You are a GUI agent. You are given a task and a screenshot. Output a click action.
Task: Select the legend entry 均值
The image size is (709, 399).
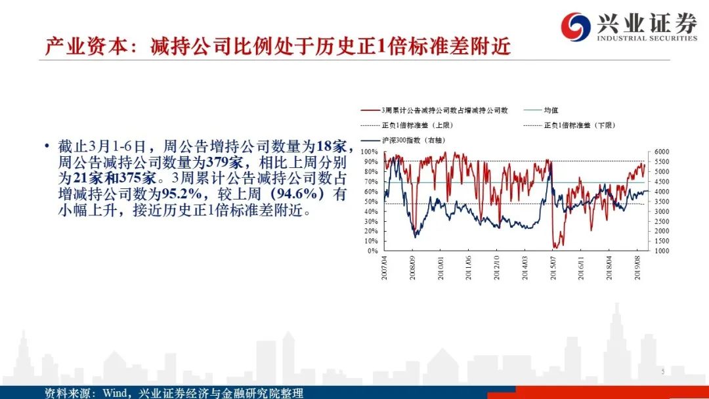pyautogui.click(x=550, y=112)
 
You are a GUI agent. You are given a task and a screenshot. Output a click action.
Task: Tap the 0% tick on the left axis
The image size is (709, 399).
pyautogui.click(x=372, y=251)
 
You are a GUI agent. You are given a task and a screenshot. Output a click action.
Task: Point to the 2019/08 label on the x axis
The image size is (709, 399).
pyautogui.click(x=637, y=268)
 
